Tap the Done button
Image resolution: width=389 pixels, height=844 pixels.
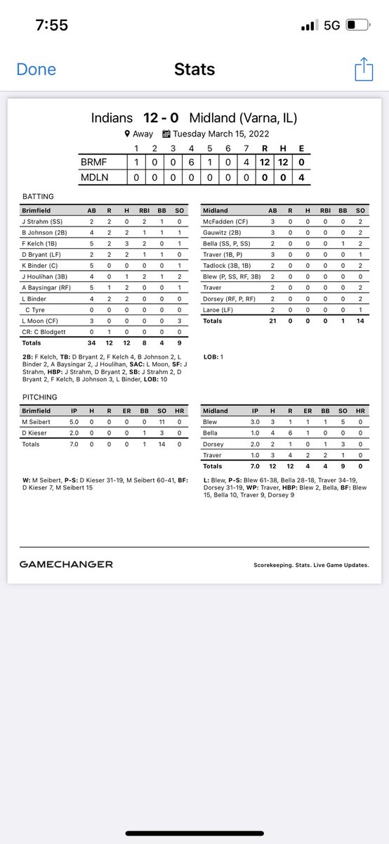[x=36, y=70]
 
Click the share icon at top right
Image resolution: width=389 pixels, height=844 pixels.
[x=363, y=70]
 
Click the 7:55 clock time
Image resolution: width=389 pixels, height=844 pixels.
[x=51, y=25]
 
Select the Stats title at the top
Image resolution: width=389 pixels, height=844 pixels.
[x=194, y=70]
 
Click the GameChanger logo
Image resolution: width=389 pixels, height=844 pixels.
[x=66, y=564]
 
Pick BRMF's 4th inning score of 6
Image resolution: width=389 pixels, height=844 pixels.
[x=191, y=162]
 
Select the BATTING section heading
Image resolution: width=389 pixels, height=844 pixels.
[x=37, y=197]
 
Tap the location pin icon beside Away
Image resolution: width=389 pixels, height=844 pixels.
[x=127, y=134]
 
